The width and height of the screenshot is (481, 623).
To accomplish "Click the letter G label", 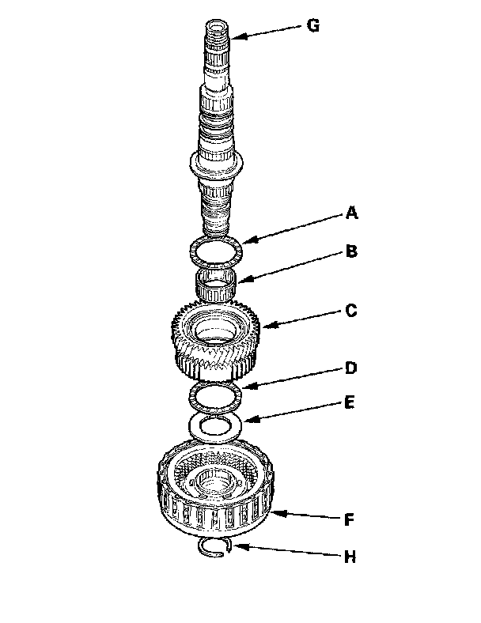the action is click(313, 25).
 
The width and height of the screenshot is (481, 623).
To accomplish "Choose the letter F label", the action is click(349, 521).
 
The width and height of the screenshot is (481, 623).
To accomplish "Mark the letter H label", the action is click(349, 557).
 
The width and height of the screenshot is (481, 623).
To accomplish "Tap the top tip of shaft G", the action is click(217, 27).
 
